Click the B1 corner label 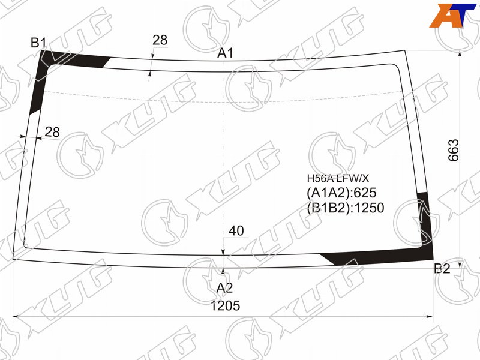point(38,43)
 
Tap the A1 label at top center point(226,53)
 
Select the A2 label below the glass point(224,288)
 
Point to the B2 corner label point(442,268)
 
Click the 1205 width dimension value point(226,305)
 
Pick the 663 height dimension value point(454,150)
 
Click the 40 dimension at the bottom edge point(236,231)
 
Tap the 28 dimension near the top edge point(160,40)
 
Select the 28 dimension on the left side point(52,132)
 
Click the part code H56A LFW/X point(338,178)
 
